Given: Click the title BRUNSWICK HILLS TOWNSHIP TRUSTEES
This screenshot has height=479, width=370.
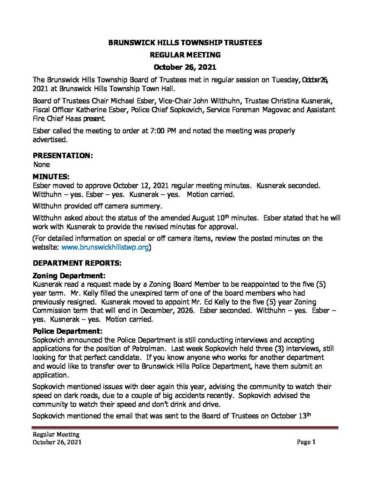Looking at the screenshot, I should click(185, 42).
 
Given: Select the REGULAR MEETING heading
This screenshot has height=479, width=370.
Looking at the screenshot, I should click(185, 55).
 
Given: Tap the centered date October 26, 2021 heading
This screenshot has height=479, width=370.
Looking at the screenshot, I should click(185, 67).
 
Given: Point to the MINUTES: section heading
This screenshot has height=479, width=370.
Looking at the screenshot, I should click(51, 176).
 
